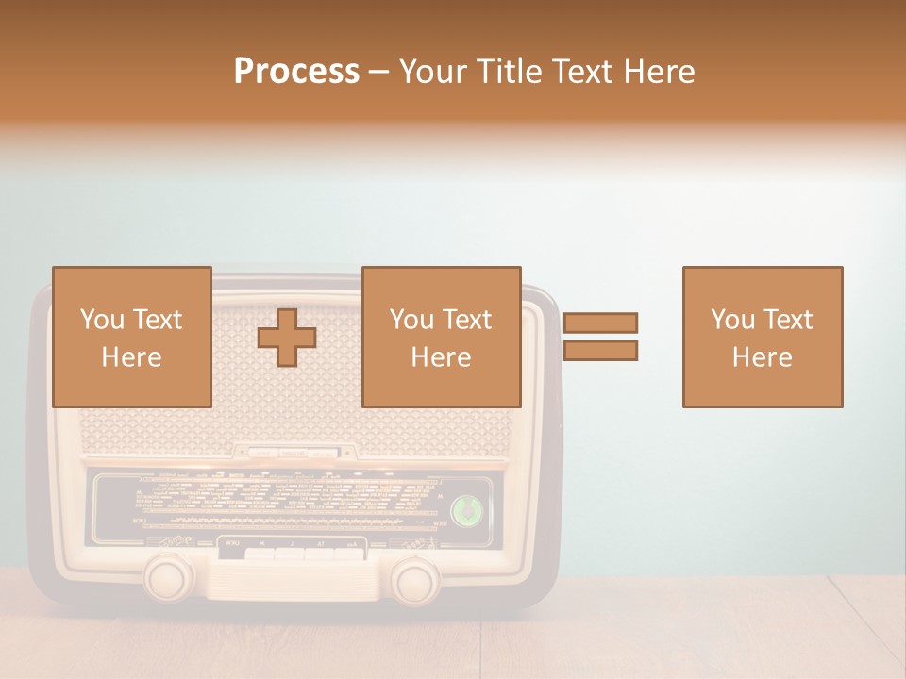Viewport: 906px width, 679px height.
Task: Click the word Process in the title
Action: point(296,72)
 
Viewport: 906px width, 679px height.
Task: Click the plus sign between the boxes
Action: point(287,338)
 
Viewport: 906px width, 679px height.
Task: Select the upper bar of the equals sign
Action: point(600,323)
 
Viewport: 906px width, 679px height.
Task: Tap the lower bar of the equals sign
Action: point(600,351)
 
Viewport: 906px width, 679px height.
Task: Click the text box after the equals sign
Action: point(763,337)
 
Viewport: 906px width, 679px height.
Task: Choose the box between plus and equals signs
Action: point(441,337)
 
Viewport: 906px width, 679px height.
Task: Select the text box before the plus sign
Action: point(131,337)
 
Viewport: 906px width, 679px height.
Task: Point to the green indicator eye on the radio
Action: point(466,510)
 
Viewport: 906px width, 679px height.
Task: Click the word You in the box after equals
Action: point(732,320)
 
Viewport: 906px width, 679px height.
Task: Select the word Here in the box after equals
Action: point(763,357)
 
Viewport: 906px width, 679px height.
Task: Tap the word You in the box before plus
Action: point(102,320)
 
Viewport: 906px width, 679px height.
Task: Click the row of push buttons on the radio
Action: point(291,553)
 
